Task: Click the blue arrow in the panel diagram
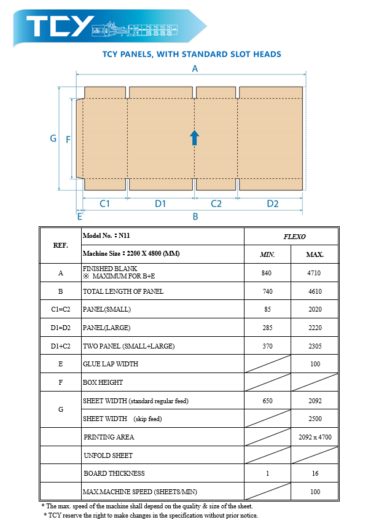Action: tap(194, 137)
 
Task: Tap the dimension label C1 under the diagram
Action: tap(104, 203)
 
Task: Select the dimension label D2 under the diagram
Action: tap(272, 203)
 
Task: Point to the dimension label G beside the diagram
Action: tap(53, 139)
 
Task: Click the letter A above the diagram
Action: tap(195, 69)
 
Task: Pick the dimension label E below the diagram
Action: tap(79, 216)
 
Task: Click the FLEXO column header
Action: tap(294, 236)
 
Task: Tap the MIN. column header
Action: tap(267, 254)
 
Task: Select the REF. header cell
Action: tap(61, 245)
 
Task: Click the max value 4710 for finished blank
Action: tap(315, 273)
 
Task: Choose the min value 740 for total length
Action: tap(267, 291)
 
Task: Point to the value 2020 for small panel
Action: tap(315, 310)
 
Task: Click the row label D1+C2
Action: tap(61, 346)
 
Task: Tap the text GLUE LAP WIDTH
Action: tap(111, 364)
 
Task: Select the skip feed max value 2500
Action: tap(315, 419)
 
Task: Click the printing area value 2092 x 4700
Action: tap(315, 437)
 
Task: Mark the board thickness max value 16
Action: tap(315, 473)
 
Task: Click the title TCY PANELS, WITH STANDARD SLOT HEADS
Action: tap(192, 54)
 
